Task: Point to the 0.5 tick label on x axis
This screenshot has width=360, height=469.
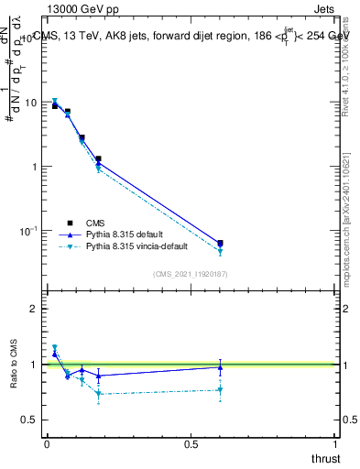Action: click(191, 444)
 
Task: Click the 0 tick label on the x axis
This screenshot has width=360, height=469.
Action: click(47, 444)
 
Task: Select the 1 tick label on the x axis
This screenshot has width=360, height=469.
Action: click(335, 444)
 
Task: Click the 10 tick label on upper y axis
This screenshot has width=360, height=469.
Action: click(31, 103)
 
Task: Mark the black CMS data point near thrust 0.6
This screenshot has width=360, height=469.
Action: click(220, 243)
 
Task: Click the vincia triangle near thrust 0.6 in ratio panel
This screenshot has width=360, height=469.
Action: click(220, 390)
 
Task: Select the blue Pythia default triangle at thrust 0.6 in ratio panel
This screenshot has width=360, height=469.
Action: click(220, 367)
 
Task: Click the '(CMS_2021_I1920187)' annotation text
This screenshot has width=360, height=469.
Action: click(190, 274)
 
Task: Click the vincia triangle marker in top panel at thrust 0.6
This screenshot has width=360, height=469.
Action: click(220, 252)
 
